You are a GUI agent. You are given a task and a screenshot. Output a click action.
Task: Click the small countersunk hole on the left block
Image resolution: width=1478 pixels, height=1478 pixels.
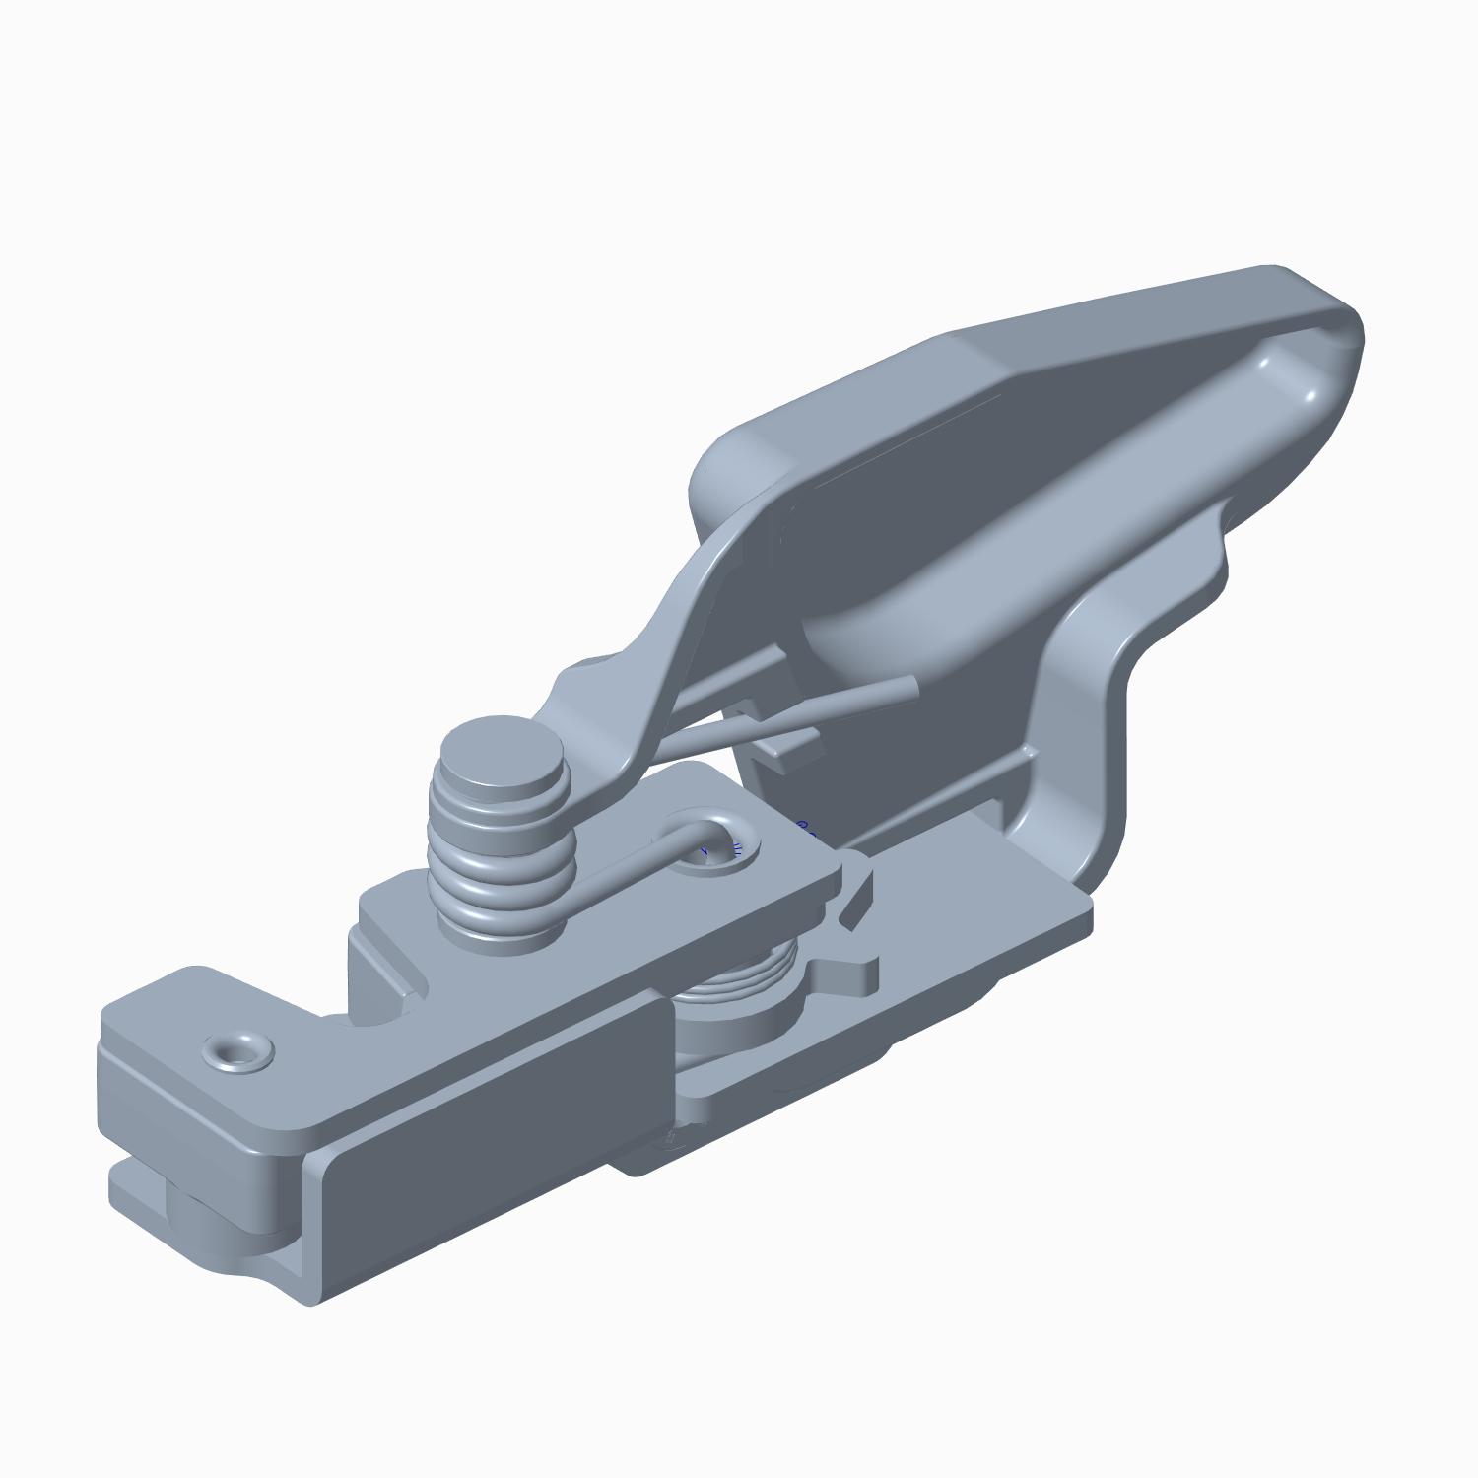(x=238, y=1053)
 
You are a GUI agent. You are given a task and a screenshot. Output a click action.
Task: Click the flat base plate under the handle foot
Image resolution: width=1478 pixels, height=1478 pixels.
(x=985, y=916)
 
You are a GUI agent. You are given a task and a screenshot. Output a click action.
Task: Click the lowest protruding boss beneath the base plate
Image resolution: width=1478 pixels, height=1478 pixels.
(x=670, y=1143)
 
